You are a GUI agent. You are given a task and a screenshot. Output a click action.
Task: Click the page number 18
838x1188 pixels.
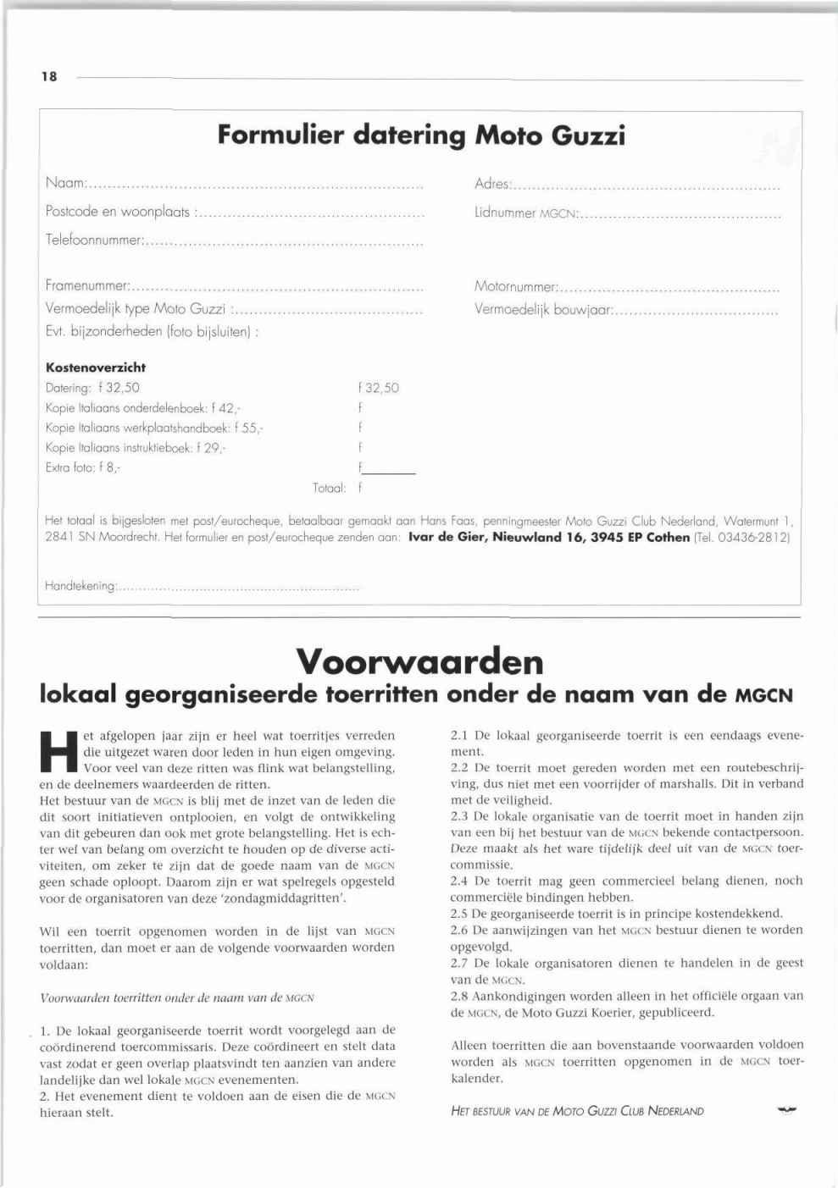tap(49, 77)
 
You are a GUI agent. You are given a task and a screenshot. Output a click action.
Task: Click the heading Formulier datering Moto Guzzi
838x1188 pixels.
tap(421, 135)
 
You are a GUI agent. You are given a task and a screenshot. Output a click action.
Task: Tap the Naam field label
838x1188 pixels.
tap(66, 183)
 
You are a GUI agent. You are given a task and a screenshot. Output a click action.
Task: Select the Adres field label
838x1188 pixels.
tap(492, 184)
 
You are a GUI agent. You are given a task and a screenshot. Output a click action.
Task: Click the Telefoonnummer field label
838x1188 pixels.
tap(93, 240)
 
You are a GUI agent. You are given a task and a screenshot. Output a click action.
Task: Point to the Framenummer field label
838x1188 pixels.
tap(87, 286)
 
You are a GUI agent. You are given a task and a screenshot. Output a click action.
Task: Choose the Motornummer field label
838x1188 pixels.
tap(516, 287)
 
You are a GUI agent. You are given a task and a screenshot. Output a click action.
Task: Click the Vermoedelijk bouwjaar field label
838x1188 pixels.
tap(543, 310)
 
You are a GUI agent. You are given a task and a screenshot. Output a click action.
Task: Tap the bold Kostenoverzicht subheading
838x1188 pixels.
tap(95, 367)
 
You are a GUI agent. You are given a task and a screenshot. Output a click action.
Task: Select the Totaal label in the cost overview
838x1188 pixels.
tap(329, 488)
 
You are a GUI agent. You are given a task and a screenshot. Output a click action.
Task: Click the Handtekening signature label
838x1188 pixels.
tap(80, 586)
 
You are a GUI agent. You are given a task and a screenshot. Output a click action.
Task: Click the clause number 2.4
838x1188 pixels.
tap(459, 881)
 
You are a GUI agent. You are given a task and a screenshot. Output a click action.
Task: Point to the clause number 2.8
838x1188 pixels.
tap(459, 997)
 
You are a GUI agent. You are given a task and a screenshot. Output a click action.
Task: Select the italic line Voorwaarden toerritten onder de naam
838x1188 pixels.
tap(177, 997)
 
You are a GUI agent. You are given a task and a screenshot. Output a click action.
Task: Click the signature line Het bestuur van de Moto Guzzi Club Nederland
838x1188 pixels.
tap(577, 1111)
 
